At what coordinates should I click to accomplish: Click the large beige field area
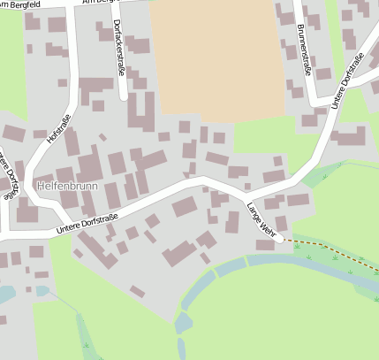click(216, 57)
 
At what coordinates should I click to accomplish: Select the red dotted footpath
click(327, 247)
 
